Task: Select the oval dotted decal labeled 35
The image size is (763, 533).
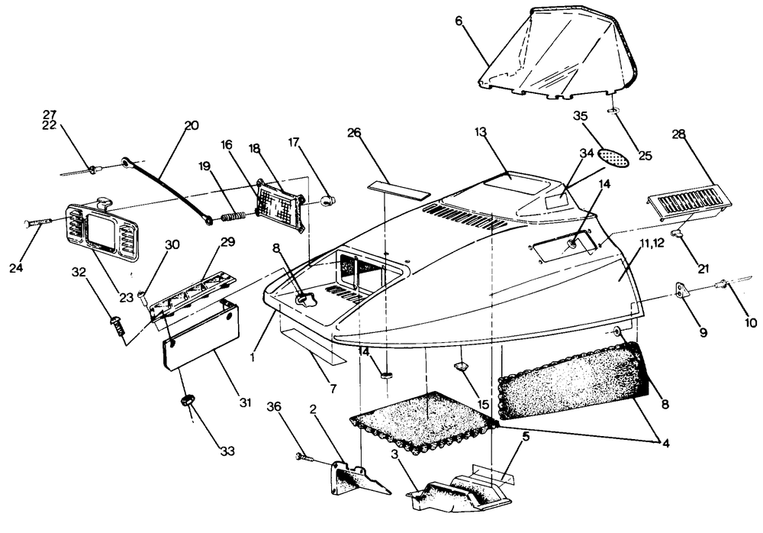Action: click(x=614, y=157)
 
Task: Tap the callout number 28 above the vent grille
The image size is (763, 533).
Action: click(x=679, y=135)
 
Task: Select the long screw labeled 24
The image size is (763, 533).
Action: click(x=38, y=221)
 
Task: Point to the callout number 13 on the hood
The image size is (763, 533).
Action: click(x=480, y=133)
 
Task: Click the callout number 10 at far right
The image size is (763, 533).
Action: click(x=751, y=322)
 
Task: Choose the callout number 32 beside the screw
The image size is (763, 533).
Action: click(x=79, y=272)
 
